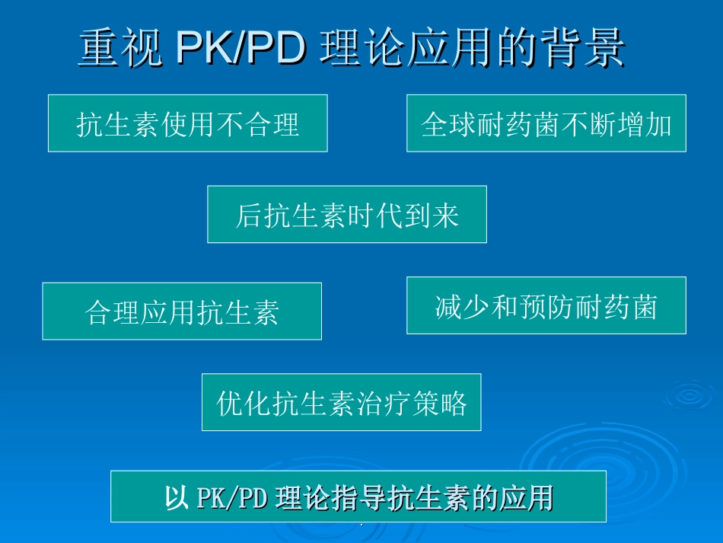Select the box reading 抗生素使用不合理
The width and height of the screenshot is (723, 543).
[x=187, y=123]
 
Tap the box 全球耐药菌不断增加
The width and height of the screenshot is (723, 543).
[x=546, y=123]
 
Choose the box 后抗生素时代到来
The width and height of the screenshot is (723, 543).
[x=346, y=215]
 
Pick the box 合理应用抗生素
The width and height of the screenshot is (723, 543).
[x=181, y=311]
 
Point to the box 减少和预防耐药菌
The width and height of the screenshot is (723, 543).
[x=546, y=305]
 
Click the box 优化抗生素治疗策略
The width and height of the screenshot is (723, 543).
[x=341, y=402]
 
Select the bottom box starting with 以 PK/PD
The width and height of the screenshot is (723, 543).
[x=358, y=497]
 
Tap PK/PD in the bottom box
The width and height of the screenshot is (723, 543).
[x=228, y=497]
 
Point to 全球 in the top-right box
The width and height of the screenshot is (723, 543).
[x=449, y=124]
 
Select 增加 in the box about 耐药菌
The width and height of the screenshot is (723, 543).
[x=645, y=124]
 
